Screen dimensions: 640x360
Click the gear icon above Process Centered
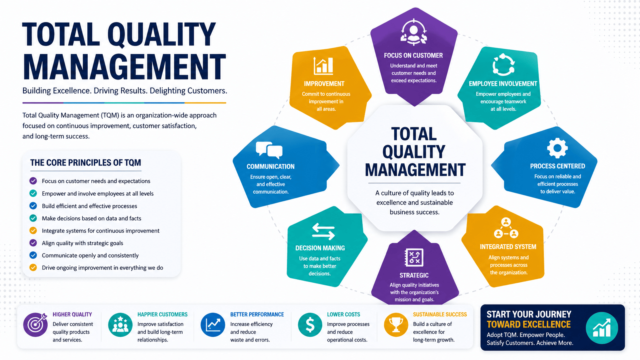pyautogui.click(x=557, y=148)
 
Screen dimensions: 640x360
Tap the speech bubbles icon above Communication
pyautogui.click(x=269, y=150)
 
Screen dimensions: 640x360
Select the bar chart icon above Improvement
pyautogui.click(x=323, y=66)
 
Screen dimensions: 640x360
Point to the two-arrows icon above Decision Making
pyautogui.click(x=323, y=231)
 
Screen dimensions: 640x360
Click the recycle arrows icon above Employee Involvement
pyautogui.click(x=503, y=65)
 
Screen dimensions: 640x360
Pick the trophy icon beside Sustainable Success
pyautogui.click(x=396, y=325)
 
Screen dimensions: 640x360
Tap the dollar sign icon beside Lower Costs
pyautogui.click(x=310, y=325)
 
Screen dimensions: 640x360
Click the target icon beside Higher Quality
pyautogui.click(x=35, y=325)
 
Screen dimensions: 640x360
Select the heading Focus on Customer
pyautogui.click(x=413, y=55)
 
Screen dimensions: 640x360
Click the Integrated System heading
pyautogui.click(x=508, y=247)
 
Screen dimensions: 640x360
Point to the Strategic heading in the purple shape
pyautogui.click(x=414, y=275)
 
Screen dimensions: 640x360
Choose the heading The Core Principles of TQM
pyautogui.click(x=86, y=163)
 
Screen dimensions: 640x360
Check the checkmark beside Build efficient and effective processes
pyautogui.click(x=33, y=206)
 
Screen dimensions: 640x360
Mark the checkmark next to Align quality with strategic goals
pyautogui.click(x=33, y=243)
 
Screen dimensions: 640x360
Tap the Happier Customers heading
pyautogui.click(x=162, y=314)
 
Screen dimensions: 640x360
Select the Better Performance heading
pyautogui.click(x=257, y=314)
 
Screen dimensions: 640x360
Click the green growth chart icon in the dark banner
pyautogui.click(x=602, y=328)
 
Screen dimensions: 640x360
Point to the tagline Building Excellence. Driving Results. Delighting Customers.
pyautogui.click(x=125, y=91)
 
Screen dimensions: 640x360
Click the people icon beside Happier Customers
pyautogui.click(x=120, y=325)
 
